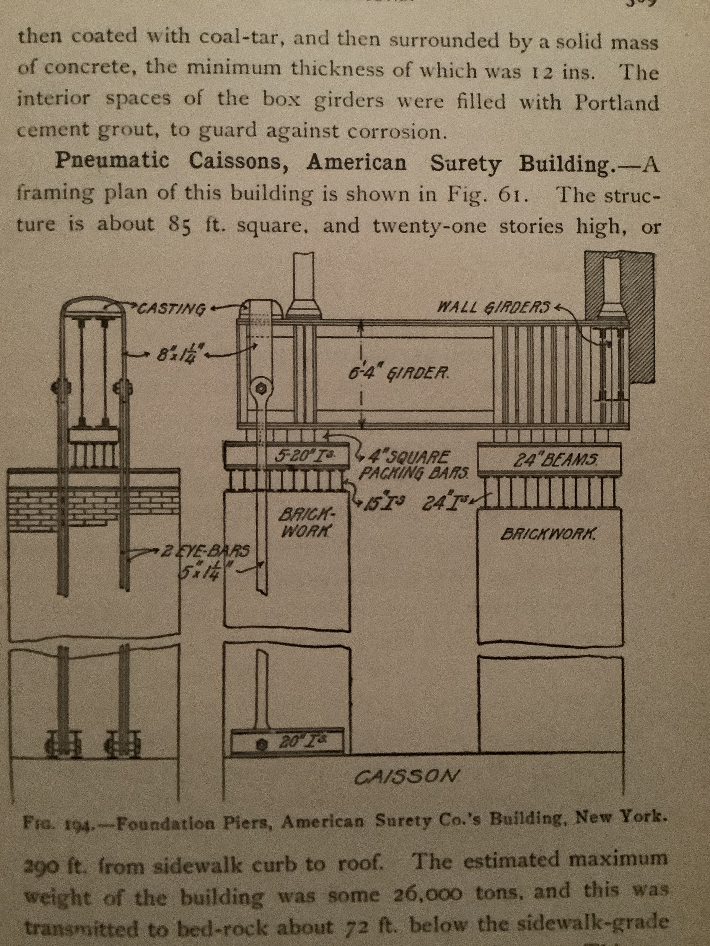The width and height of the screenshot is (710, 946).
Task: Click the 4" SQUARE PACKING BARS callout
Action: (x=413, y=464)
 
